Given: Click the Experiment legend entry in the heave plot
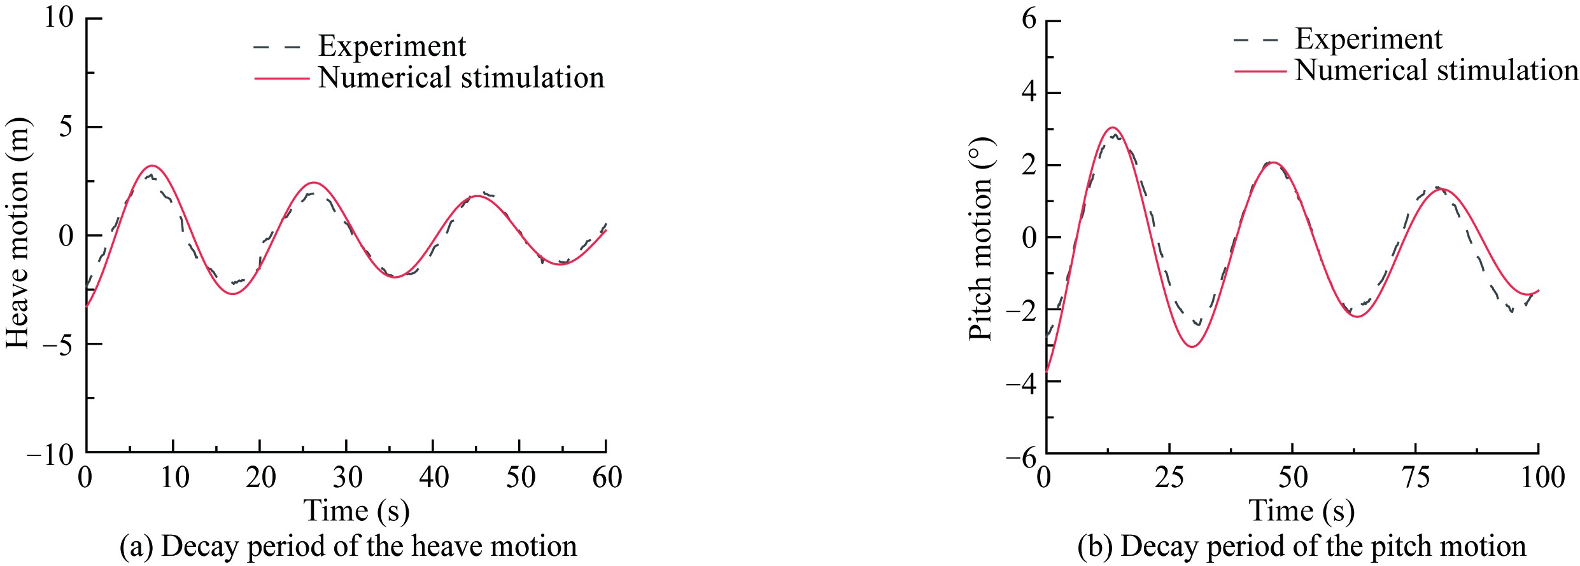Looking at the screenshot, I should pyautogui.click(x=391, y=46).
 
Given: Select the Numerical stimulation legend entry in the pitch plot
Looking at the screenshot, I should pyautogui.click(x=1437, y=70).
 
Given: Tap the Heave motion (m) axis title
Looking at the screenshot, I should pyautogui.click(x=18, y=233).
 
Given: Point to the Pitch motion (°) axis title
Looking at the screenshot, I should pyautogui.click(x=980, y=238).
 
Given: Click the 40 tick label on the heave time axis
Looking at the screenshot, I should pyautogui.click(x=434, y=477).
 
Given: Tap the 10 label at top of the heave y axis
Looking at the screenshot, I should pyautogui.click(x=59, y=17).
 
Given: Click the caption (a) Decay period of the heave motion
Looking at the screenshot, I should pyautogui.click(x=348, y=546).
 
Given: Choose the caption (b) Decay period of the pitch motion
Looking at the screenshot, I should pyautogui.click(x=1301, y=546).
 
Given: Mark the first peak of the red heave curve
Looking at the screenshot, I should pyautogui.click(x=153, y=165).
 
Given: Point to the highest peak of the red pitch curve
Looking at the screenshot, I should pyautogui.click(x=1113, y=127).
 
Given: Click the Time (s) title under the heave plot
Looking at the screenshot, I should pyautogui.click(x=356, y=511).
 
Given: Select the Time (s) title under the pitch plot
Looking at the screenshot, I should pyautogui.click(x=1301, y=511).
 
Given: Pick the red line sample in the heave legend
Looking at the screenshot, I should pyautogui.click(x=281, y=78).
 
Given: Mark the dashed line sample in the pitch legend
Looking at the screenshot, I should pyautogui.click(x=1257, y=39).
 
